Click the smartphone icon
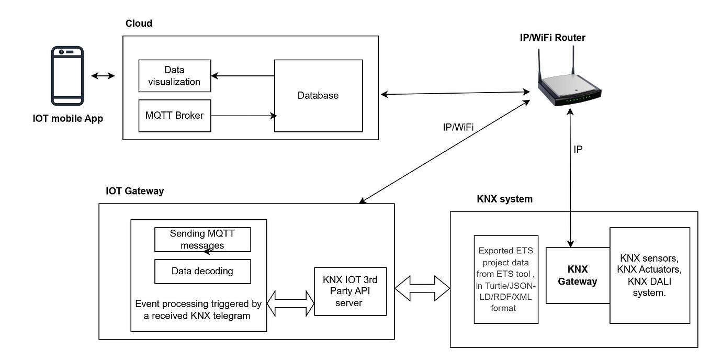click(67, 75)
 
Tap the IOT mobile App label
click(67, 119)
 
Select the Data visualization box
click(174, 76)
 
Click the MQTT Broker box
click(174, 115)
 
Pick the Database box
click(318, 96)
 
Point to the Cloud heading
click(139, 24)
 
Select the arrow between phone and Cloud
click(103, 76)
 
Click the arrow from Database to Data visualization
click(243, 76)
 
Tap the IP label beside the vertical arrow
click(578, 149)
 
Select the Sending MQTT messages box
click(202, 239)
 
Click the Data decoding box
click(202, 271)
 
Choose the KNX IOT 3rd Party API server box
click(350, 291)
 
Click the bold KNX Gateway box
click(578, 275)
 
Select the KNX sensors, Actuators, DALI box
click(649, 275)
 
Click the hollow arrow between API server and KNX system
click(422, 288)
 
